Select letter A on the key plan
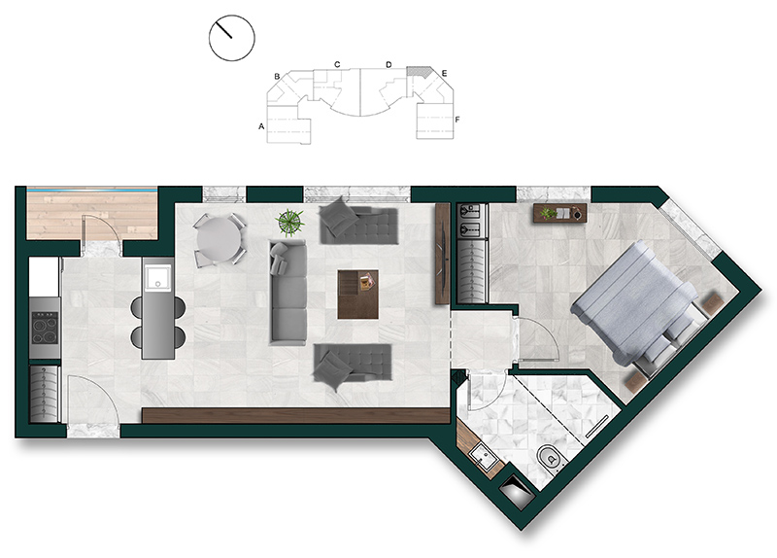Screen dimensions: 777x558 tap(261, 126)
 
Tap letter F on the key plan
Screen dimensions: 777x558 tap(457, 120)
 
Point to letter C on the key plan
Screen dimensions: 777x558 tap(337, 64)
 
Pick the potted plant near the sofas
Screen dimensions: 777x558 tap(290, 222)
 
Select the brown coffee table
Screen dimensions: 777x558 tap(358, 295)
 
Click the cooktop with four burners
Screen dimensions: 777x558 tap(45, 328)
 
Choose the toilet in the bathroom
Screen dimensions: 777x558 tap(548, 458)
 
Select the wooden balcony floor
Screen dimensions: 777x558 tap(92, 215)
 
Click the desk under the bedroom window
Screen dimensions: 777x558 tap(560, 213)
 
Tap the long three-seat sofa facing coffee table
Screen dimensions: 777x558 tap(287, 293)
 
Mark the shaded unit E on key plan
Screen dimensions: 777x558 tap(418, 72)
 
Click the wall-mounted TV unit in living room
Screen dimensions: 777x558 tap(442, 254)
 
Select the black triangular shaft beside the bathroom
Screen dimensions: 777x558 tap(516, 491)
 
